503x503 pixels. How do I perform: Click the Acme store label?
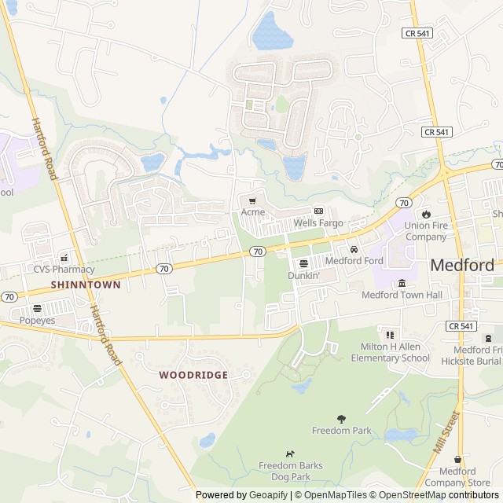[253, 212]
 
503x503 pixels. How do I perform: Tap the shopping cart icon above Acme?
[252, 201]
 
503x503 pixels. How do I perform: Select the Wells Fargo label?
[318, 223]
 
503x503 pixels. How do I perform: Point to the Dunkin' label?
[303, 276]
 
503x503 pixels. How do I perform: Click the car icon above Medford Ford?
[354, 249]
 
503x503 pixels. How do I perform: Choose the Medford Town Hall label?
[402, 295]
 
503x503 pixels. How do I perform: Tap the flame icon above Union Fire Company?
[426, 214]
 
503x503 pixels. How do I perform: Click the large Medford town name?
[462, 266]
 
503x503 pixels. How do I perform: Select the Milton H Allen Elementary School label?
[390, 352]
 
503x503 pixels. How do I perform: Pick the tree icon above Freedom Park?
[341, 419]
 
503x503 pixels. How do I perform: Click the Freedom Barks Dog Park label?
[291, 472]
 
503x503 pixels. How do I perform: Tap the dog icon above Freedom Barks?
[291, 454]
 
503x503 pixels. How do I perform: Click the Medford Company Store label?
[458, 477]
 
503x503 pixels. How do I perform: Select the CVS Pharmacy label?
[64, 269]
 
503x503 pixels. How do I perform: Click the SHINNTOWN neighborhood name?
[86, 285]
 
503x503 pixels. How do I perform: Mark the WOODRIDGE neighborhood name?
[193, 375]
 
